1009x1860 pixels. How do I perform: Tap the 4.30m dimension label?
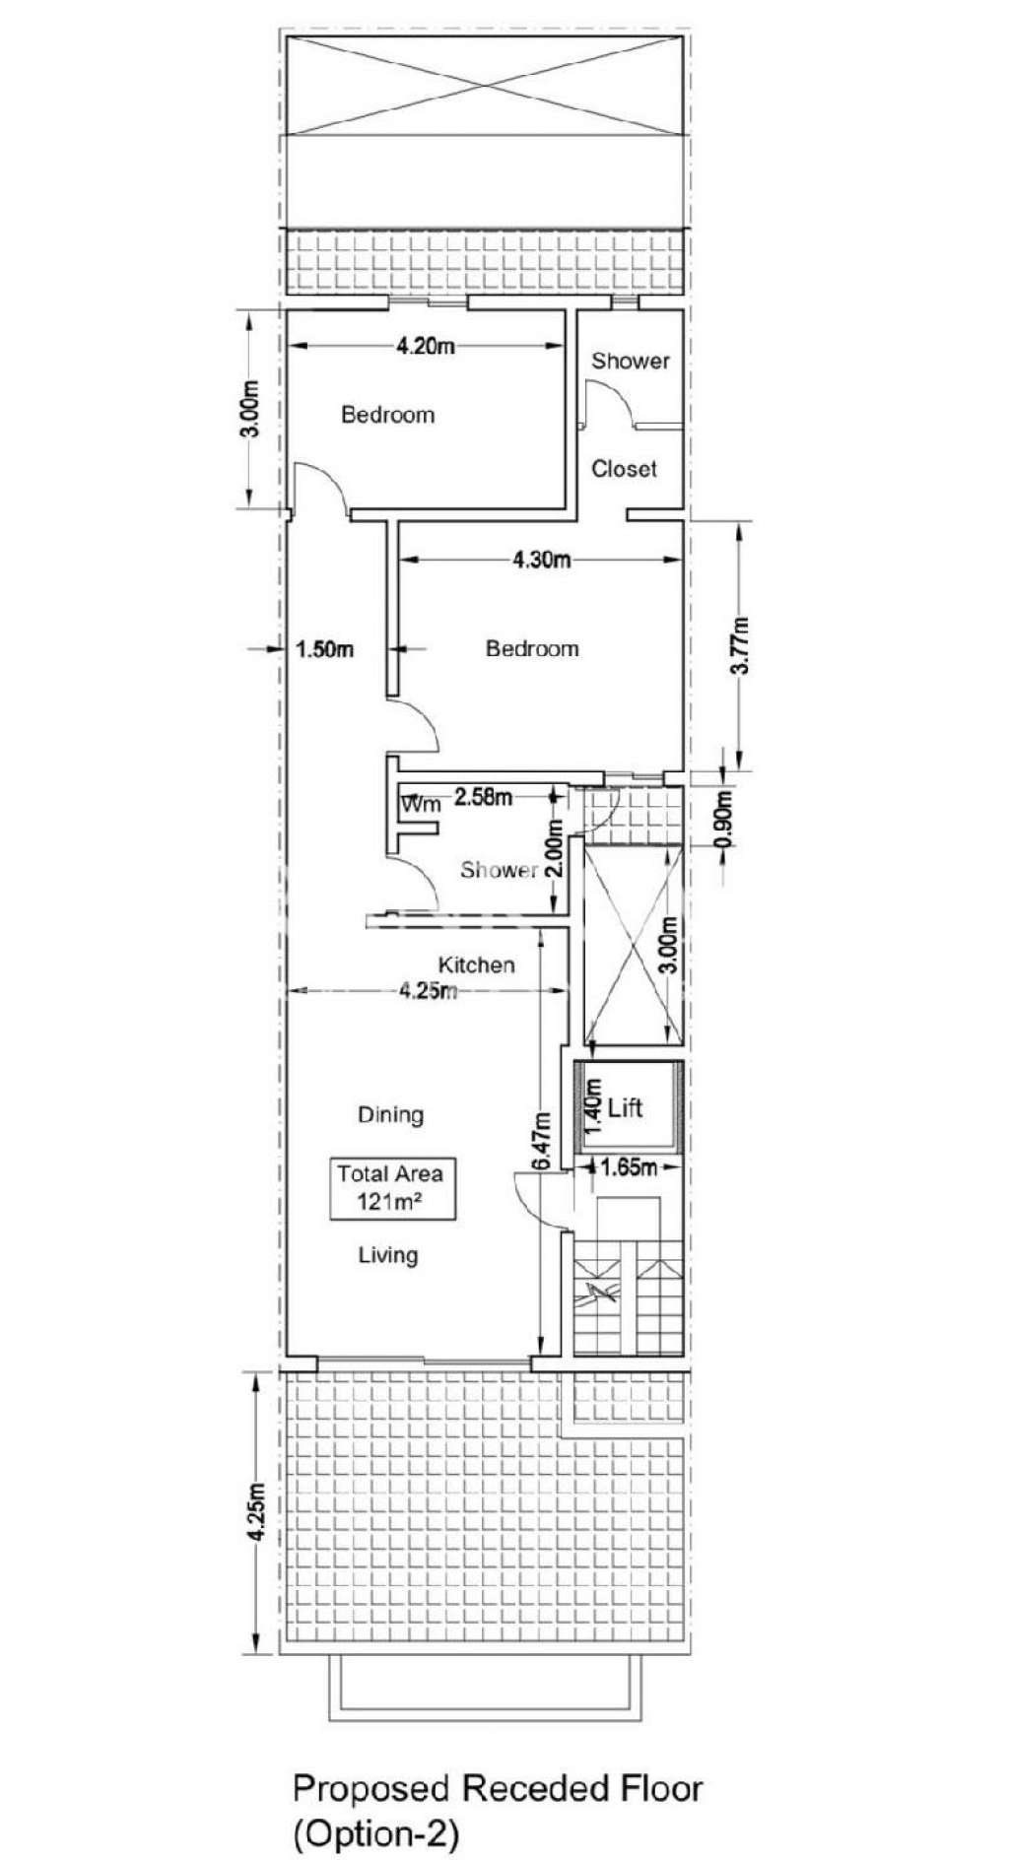541,560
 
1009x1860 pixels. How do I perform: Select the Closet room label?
624,469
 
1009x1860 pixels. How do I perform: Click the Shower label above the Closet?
630,362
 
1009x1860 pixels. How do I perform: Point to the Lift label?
625,1108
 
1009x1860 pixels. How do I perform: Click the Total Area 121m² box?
391,1187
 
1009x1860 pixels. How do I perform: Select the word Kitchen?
476,964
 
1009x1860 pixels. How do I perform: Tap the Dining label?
390,1114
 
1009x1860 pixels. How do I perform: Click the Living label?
387,1255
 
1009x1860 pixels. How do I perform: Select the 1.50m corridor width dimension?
324,648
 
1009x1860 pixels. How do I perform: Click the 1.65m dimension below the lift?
629,1168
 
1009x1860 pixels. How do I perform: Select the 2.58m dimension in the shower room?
483,797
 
